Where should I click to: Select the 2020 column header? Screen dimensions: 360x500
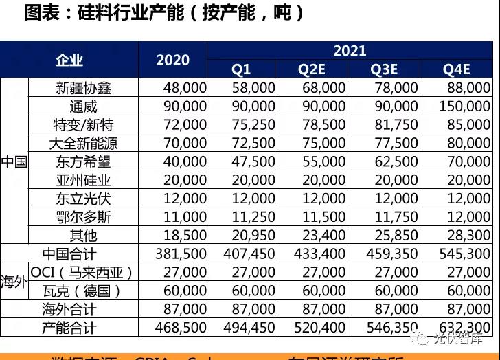click(x=172, y=60)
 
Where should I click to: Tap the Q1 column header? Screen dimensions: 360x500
click(x=241, y=69)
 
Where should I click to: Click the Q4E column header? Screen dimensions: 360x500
click(x=456, y=69)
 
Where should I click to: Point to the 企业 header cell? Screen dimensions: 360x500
click(x=69, y=60)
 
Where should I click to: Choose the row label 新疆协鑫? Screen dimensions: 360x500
click(x=83, y=88)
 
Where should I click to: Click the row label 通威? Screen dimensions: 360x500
click(x=83, y=106)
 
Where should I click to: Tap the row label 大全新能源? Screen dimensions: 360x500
click(x=83, y=144)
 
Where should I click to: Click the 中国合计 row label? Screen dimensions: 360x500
click(x=69, y=254)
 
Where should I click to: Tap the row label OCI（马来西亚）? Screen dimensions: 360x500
click(x=82, y=272)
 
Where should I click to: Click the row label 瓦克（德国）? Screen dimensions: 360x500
click(x=82, y=291)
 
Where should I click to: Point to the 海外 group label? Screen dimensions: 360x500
click(x=14, y=282)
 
